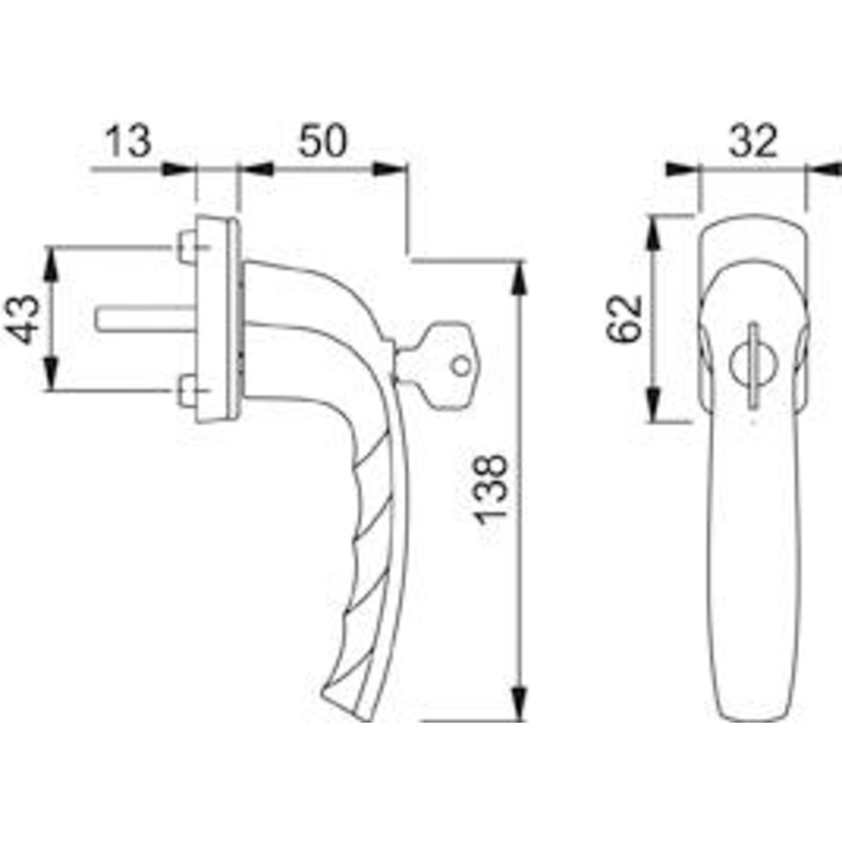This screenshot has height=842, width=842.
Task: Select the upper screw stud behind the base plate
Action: pyautogui.click(x=187, y=248)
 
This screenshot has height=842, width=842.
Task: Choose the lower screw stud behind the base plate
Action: pyautogui.click(x=187, y=390)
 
